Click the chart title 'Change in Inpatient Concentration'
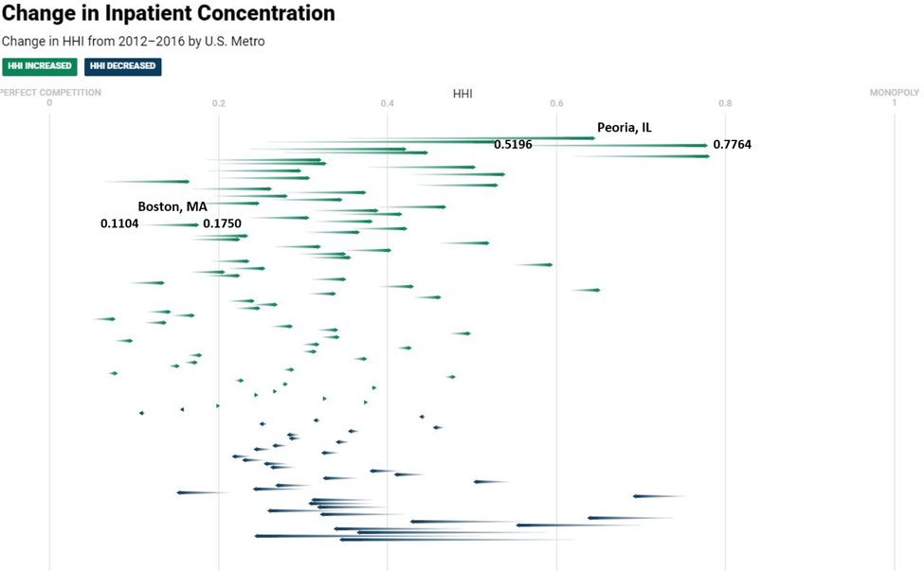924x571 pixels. [x=168, y=14]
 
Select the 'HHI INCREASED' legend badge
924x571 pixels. [x=39, y=66]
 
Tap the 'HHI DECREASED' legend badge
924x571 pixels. [x=123, y=66]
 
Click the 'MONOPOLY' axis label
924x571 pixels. [x=895, y=93]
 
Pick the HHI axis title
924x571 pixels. [x=462, y=94]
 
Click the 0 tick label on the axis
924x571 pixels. [x=49, y=103]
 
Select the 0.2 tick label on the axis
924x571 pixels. [x=219, y=103]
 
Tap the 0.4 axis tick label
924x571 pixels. [x=388, y=103]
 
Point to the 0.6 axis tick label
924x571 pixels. [x=556, y=103]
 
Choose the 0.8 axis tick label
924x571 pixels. [x=725, y=103]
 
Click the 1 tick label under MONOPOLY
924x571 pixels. [x=895, y=103]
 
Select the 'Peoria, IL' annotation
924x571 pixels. [x=624, y=128]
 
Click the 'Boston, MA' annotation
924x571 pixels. [x=172, y=206]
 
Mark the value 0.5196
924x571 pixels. [x=513, y=145]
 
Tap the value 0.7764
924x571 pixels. [x=732, y=145]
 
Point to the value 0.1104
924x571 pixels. [x=119, y=223]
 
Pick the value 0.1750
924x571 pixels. [x=222, y=223]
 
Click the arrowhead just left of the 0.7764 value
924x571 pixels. [x=703, y=146]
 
